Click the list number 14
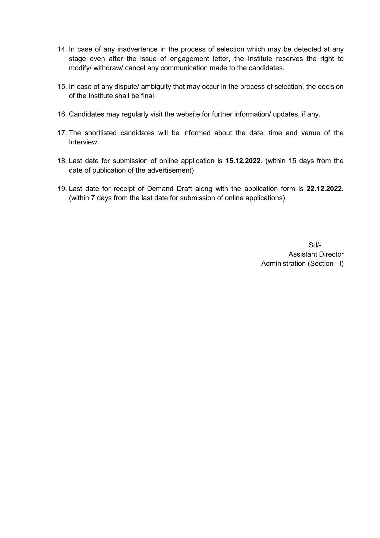[x=62, y=49]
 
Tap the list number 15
[x=62, y=87]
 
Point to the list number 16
[x=62, y=114]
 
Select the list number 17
[x=62, y=133]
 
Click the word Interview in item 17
[x=83, y=142]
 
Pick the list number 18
[x=62, y=161]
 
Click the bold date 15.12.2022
[x=243, y=161]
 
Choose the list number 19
[x=62, y=189]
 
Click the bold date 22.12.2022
[x=324, y=189]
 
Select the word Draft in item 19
[x=184, y=189]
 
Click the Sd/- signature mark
[x=315, y=245]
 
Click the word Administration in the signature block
[x=283, y=264]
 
